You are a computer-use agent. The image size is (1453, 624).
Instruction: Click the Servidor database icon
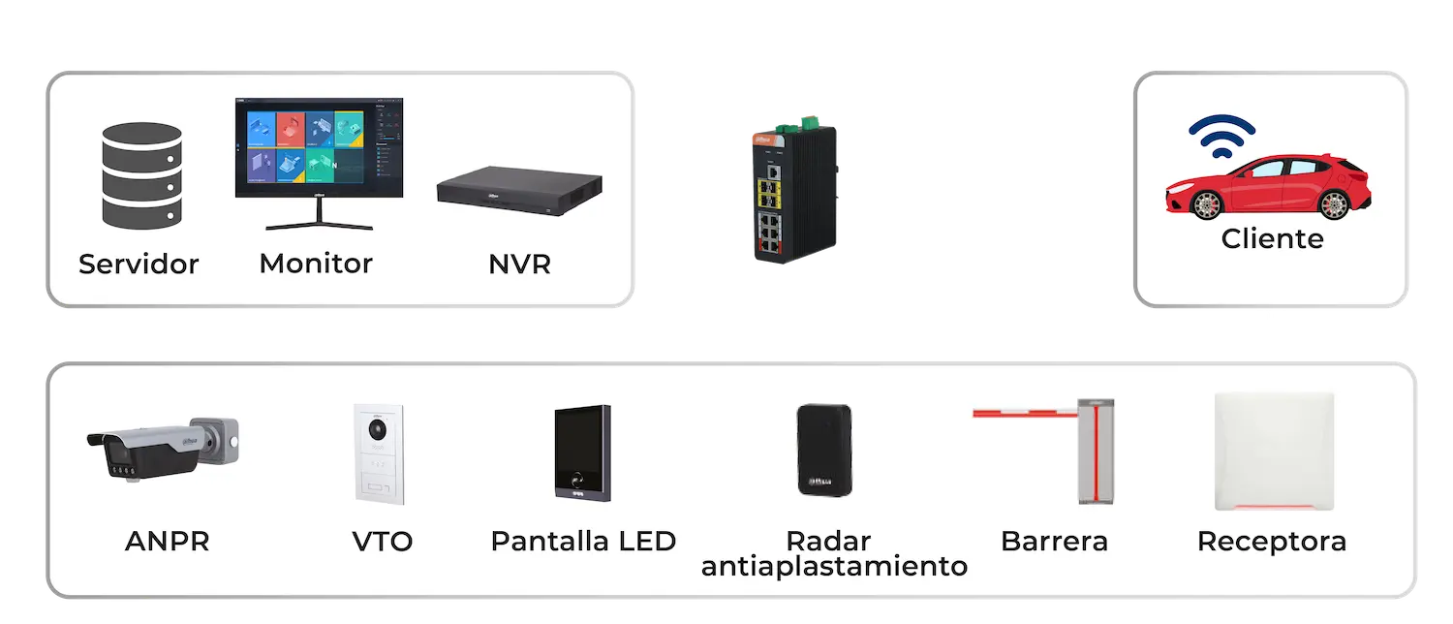pos(142,175)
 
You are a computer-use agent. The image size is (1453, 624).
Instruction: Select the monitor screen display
pos(319,147)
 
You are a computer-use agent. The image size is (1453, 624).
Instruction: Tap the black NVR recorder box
pos(519,191)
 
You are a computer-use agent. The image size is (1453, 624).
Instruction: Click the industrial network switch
pos(794,189)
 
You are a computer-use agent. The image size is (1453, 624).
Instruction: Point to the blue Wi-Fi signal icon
pos(1222,137)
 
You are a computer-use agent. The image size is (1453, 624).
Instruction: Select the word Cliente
pos(1272,238)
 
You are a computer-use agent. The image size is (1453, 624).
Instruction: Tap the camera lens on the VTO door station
pos(378,428)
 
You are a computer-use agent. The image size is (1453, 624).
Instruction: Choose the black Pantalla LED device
pos(582,452)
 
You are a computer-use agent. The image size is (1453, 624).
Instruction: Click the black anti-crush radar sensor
pos(823,450)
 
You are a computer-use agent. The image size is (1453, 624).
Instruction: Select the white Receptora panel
pos(1274,451)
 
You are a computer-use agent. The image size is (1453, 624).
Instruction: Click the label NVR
pos(519,264)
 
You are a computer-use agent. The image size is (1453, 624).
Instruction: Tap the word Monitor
pos(316,264)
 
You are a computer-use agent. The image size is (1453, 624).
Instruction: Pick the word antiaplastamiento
pos(834,566)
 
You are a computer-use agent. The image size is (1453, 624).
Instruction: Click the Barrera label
pos(1054,541)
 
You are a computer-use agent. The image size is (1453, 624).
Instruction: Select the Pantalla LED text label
pos(583,541)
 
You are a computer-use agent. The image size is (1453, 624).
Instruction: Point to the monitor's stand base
pos(319,227)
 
